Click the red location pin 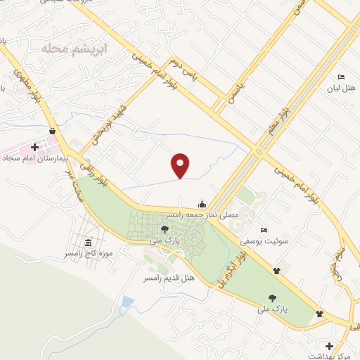181,165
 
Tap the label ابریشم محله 67,49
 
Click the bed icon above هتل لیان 342,77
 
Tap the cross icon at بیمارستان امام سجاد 34,148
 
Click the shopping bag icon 53,131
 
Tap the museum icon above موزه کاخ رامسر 87,243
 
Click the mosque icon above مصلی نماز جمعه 202,205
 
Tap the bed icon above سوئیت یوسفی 264,230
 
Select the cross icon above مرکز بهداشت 329,346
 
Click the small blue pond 127,302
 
